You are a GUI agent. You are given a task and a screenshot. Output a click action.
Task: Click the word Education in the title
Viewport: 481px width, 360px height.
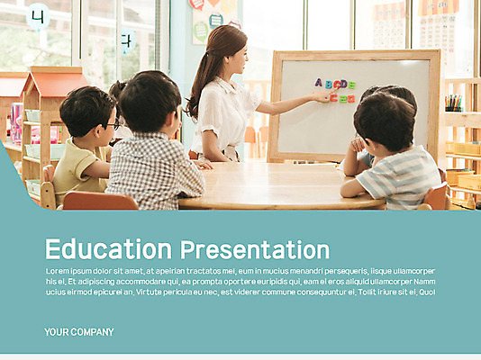point(108,249)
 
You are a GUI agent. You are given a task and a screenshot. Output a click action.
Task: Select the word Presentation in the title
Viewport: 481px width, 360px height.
point(255,249)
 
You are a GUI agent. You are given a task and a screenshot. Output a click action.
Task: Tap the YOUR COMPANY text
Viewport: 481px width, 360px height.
point(79,332)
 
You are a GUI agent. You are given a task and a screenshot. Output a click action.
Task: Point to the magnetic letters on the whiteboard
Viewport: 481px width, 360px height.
point(335,89)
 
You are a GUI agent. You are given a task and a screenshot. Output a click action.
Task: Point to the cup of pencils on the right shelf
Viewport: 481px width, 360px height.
point(453,103)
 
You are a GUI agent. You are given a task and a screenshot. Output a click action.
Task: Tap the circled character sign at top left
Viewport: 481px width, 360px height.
point(37,16)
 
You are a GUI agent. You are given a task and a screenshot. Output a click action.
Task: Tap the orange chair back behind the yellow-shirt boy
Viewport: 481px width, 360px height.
point(99,201)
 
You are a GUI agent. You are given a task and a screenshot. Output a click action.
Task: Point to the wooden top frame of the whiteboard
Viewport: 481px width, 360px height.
point(356,55)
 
